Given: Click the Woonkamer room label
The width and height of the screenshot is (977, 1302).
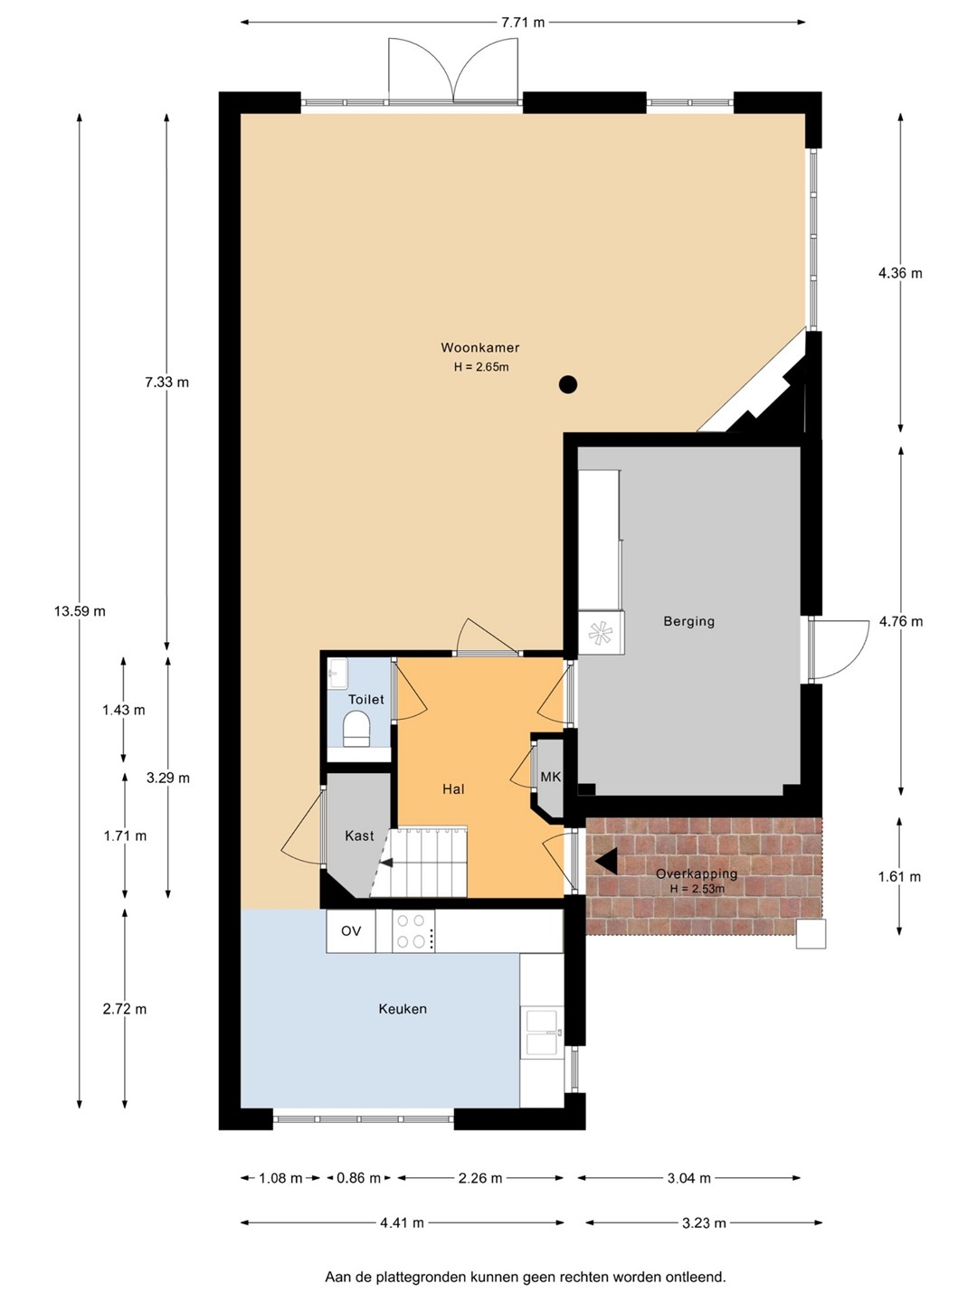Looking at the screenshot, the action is click(479, 347).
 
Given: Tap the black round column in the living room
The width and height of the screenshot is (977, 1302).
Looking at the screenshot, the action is click(568, 385).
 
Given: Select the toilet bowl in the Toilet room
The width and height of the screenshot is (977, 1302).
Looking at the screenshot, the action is click(356, 729).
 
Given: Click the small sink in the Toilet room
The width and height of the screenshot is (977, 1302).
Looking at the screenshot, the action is click(337, 674).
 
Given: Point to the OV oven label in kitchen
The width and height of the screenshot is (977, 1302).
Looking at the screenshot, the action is click(351, 930).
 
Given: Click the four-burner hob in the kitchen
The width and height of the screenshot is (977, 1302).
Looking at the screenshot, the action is click(413, 930).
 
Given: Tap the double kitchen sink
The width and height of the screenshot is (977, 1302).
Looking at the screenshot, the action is click(542, 1033).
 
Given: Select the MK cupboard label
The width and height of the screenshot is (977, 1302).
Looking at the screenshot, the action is click(550, 777).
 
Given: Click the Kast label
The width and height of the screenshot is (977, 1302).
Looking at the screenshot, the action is click(359, 835).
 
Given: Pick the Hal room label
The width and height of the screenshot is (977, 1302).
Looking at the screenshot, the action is click(453, 789).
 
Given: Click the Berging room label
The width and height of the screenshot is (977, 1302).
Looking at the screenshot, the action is click(688, 622).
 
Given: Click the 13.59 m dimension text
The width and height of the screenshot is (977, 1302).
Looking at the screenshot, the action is click(81, 611).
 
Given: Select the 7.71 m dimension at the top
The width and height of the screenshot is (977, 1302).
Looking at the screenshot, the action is click(523, 23).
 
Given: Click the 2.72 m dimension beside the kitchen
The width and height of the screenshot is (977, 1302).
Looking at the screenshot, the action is click(125, 1009).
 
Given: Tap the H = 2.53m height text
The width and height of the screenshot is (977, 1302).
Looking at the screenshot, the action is click(697, 889).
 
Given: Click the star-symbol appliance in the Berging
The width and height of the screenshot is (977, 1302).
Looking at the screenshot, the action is click(601, 633).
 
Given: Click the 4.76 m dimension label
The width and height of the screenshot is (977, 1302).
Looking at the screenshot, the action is click(900, 622).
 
